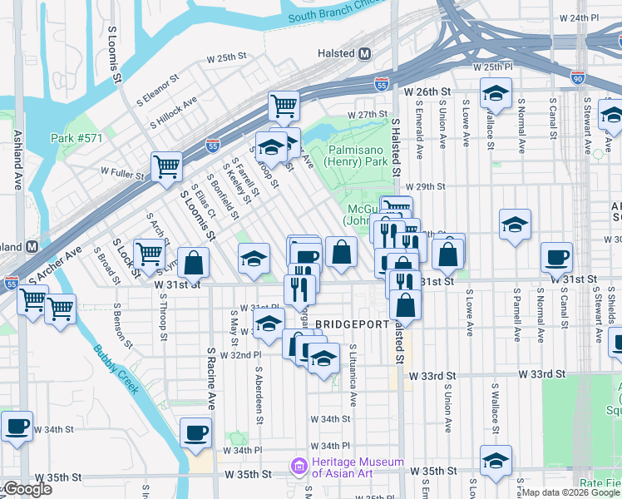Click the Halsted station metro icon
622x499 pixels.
(x=364, y=53)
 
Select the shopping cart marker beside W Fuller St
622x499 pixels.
(x=166, y=166)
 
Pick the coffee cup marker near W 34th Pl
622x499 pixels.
(x=195, y=432)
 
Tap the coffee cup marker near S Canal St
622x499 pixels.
(x=556, y=256)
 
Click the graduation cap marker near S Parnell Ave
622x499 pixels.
(x=515, y=224)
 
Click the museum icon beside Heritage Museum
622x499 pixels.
(x=297, y=468)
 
